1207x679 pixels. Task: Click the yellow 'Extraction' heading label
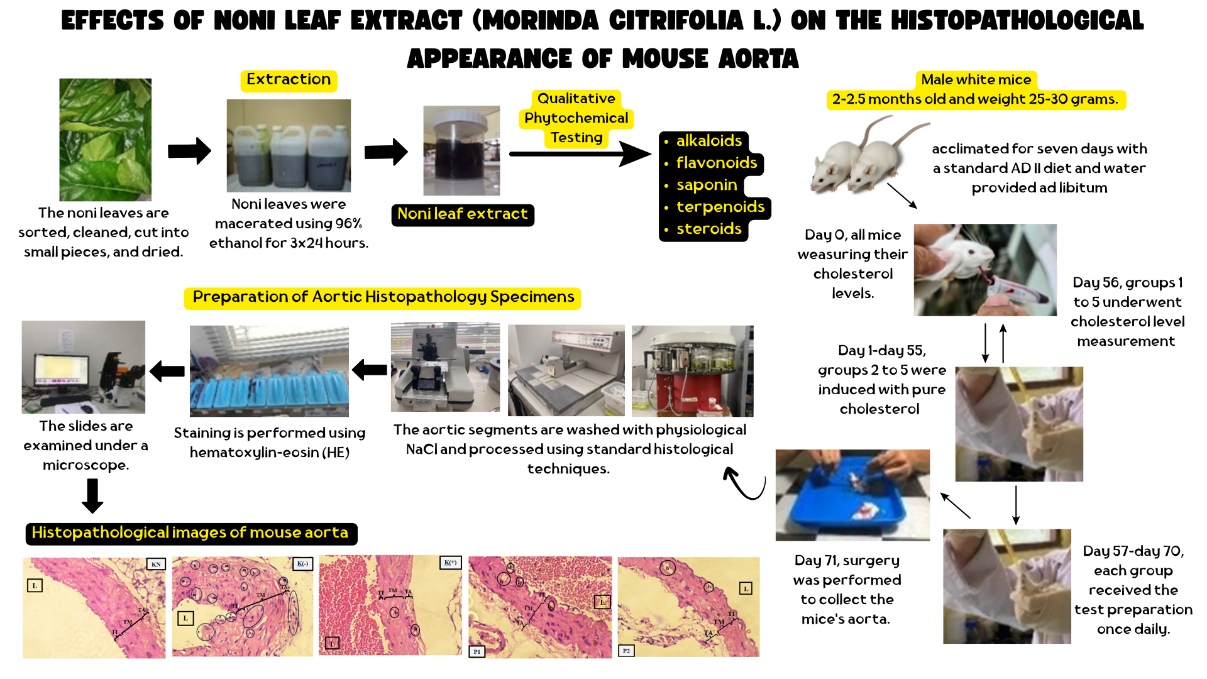tap(289, 80)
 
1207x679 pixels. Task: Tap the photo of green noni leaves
tap(105, 140)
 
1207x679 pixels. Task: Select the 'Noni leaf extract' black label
tap(463, 214)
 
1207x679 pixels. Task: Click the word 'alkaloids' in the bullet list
tap(708, 141)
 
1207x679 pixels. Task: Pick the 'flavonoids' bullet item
tap(716, 163)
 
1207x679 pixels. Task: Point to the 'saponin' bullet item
tap(706, 185)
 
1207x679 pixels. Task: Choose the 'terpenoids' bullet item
tap(720, 207)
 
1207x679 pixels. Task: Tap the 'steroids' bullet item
tap(708, 229)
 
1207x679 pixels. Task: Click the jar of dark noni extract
tap(461, 151)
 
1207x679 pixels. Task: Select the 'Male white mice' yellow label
tap(976, 80)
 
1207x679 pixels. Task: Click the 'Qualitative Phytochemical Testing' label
tap(576, 118)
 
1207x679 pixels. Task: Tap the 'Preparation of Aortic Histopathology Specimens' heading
tap(383, 297)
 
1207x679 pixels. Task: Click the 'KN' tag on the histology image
tap(156, 564)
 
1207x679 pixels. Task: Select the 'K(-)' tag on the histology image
tap(302, 563)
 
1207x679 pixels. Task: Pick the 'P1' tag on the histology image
tap(477, 651)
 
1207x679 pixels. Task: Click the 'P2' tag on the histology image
tap(626, 651)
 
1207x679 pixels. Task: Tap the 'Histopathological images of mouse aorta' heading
tap(190, 533)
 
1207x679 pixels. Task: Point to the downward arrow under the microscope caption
tap(92, 495)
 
